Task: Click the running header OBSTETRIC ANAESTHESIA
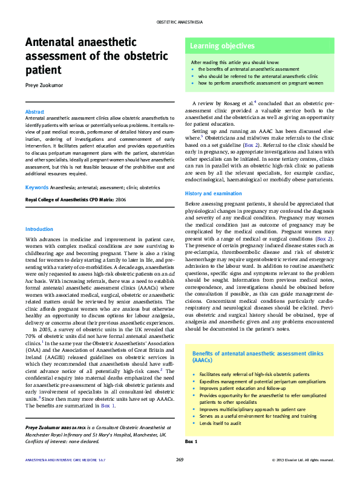pos(180,21)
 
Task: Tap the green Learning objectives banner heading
pos(222,46)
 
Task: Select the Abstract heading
pos(34,112)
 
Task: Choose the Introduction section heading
pos(39,229)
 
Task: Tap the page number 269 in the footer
pos(180,460)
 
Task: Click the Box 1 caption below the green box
pos(191,442)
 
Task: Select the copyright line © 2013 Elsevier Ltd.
pos(302,460)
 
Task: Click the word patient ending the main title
pos(42,70)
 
